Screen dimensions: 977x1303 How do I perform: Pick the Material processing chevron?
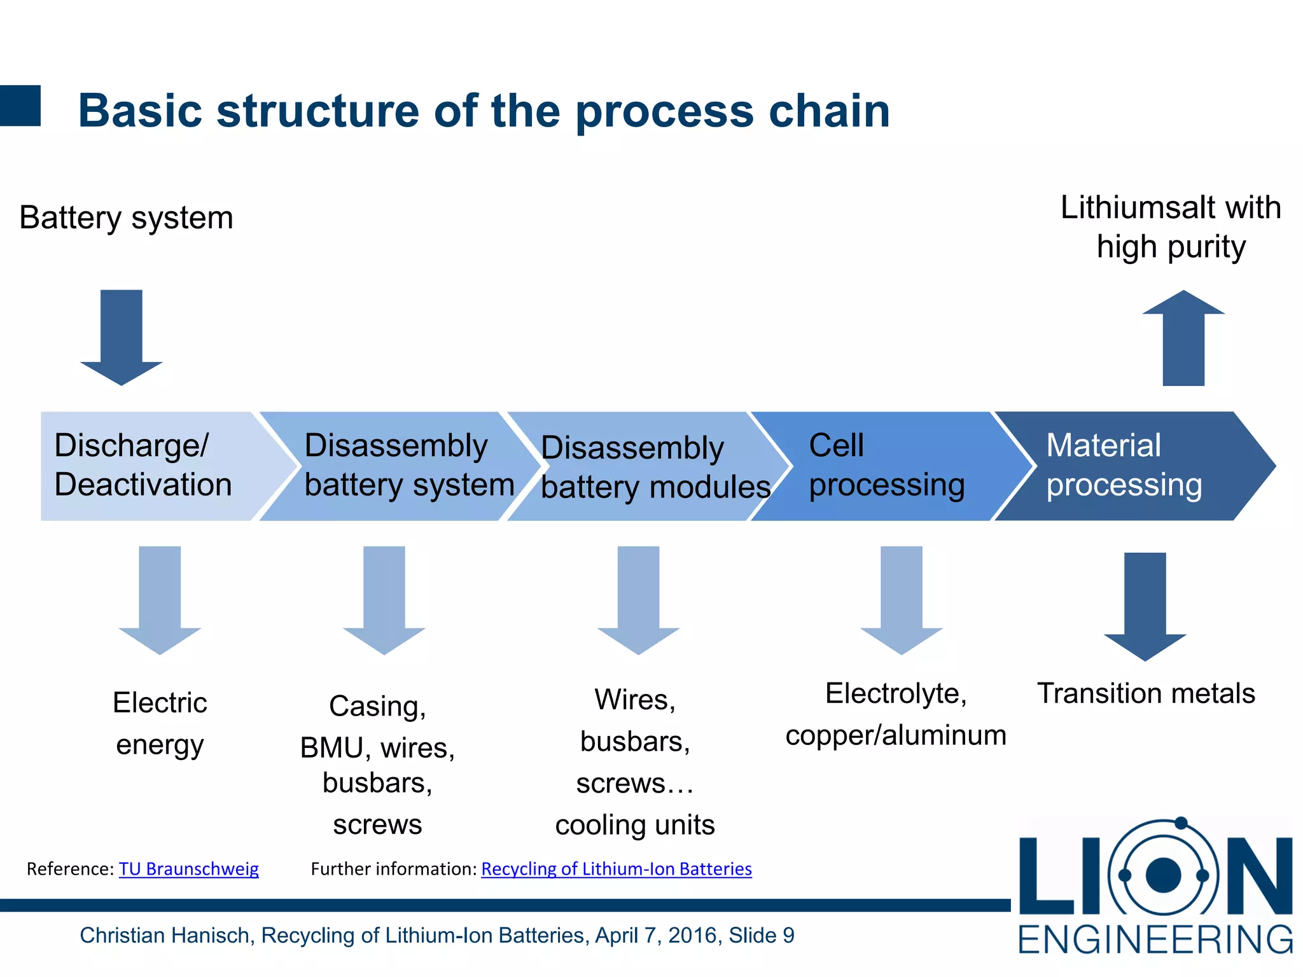point(1126,466)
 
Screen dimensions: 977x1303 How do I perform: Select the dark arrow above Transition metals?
point(1145,604)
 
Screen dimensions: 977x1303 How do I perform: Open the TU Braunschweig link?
point(189,869)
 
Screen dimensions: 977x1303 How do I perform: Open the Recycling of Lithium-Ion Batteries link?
point(617,869)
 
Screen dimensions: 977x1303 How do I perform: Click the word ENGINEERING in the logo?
point(1155,939)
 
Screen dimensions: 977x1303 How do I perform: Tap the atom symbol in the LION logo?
point(1163,875)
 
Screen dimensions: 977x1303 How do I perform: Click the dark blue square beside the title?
point(20,106)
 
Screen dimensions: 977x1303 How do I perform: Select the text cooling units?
point(635,825)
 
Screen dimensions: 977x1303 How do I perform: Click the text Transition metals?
point(1146,693)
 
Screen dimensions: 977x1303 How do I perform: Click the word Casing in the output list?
point(375,706)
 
